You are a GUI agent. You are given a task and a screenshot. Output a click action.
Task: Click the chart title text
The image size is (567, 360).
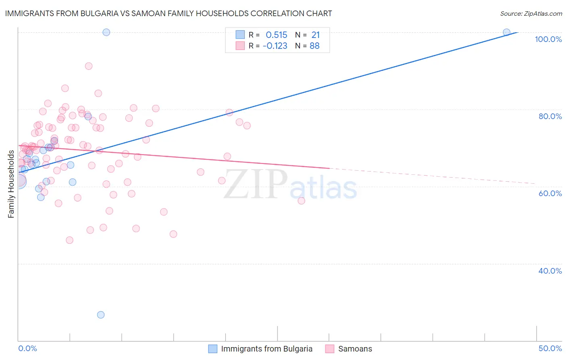point(169,13)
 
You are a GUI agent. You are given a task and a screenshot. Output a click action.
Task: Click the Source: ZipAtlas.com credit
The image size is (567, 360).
point(531,14)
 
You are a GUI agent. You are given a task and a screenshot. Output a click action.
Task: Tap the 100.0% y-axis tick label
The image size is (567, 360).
point(548,39)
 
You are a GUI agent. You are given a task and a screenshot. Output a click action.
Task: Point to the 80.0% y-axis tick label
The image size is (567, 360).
point(550,116)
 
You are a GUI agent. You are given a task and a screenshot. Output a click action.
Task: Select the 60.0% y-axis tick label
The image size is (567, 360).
point(550,193)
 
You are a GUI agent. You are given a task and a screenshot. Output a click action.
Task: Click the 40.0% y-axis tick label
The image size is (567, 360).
point(550,271)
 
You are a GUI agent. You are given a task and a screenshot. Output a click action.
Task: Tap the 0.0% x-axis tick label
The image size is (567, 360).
point(27,348)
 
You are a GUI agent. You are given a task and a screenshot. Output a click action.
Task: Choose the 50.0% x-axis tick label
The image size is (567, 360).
point(550,348)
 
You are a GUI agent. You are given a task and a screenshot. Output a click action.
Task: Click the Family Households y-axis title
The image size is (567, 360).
point(11,184)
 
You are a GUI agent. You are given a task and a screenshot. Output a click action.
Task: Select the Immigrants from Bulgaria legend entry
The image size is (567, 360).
point(267,349)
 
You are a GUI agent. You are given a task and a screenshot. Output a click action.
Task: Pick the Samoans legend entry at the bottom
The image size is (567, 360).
point(355,349)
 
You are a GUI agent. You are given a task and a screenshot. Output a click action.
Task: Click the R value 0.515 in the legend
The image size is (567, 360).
point(276,35)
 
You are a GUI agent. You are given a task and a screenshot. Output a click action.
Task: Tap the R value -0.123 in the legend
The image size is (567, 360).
point(275,46)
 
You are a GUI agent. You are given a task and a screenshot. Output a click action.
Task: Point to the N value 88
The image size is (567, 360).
point(315,46)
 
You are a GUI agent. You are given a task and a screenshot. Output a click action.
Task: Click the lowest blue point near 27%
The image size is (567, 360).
point(101,315)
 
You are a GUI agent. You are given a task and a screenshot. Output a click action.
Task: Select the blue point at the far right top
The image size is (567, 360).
point(507,32)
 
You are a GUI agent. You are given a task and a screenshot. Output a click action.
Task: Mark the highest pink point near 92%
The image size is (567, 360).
point(89,66)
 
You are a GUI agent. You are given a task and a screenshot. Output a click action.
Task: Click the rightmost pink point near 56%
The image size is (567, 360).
point(301,201)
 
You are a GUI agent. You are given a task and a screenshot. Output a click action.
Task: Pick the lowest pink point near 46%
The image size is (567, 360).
point(69,240)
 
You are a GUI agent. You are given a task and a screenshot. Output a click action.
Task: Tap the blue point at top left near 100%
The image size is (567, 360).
point(106,32)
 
